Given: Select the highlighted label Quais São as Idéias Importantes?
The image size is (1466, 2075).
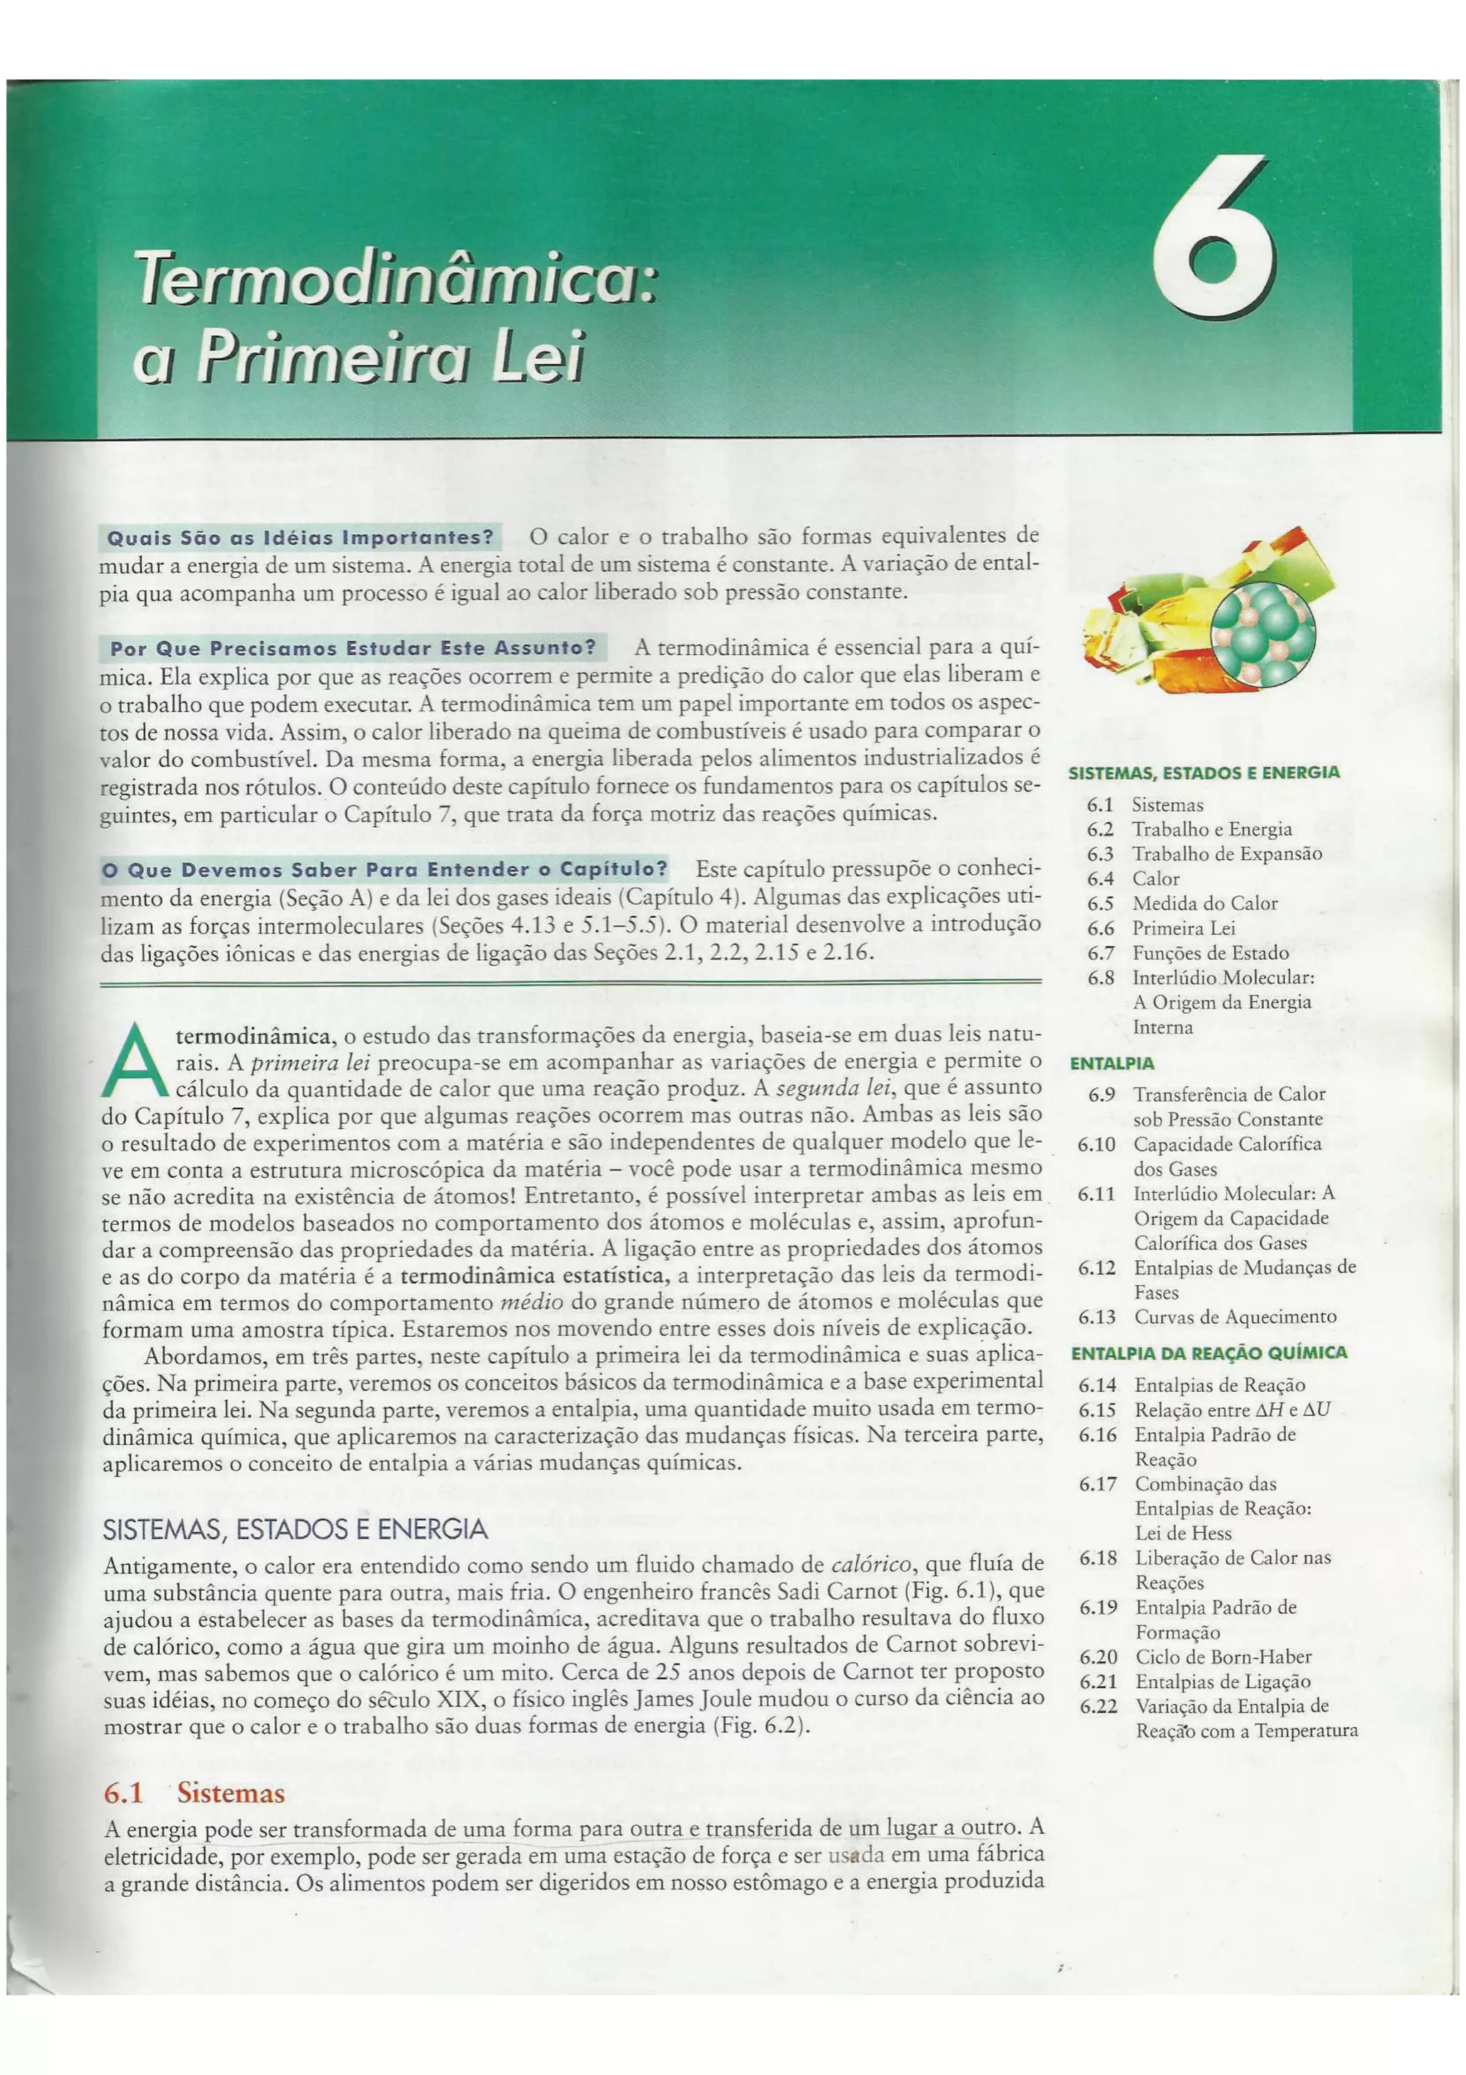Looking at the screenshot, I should pos(300,538).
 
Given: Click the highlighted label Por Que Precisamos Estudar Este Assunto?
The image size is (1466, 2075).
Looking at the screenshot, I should pos(352,648).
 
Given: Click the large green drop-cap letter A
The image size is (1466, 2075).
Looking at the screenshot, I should pos(135,1062).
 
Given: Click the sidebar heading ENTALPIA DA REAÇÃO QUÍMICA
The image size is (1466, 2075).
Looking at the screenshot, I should pos(1208,1353).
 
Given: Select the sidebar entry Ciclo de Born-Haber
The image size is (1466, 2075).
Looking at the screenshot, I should pos(1223,1657).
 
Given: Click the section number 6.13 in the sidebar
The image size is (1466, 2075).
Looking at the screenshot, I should pos(1097,1317).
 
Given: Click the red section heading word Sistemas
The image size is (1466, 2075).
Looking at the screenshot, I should pos(230,1793).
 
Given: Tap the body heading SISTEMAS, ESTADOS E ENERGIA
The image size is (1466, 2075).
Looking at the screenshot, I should pos(296,1529).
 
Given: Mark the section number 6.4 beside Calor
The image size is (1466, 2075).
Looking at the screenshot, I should pos(1099,879).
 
